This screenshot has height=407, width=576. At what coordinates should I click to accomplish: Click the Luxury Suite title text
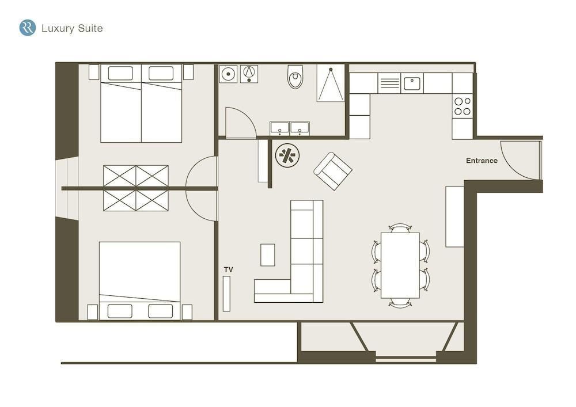click(72, 29)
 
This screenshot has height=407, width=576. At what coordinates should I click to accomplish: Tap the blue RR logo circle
click(28, 28)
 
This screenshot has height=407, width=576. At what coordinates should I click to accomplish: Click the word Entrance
click(482, 161)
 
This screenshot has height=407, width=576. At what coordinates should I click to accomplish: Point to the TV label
click(229, 270)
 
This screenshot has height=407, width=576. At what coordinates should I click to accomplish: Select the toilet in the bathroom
click(295, 77)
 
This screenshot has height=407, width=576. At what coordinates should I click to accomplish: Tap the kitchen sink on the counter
click(412, 83)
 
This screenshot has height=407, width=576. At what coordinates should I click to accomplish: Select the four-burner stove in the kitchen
click(463, 106)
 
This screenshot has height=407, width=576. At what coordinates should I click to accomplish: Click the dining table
click(400, 265)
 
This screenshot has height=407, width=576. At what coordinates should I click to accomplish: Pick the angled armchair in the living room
click(333, 172)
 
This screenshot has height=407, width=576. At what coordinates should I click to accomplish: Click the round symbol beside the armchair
click(287, 155)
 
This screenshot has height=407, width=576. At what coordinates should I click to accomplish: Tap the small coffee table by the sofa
click(268, 255)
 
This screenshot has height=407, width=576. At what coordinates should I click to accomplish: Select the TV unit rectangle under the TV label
click(226, 294)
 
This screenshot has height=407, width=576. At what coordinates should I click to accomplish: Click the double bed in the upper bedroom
click(141, 104)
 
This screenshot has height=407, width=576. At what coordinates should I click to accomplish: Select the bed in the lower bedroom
click(139, 281)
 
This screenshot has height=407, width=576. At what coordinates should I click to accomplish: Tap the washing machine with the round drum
click(229, 74)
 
